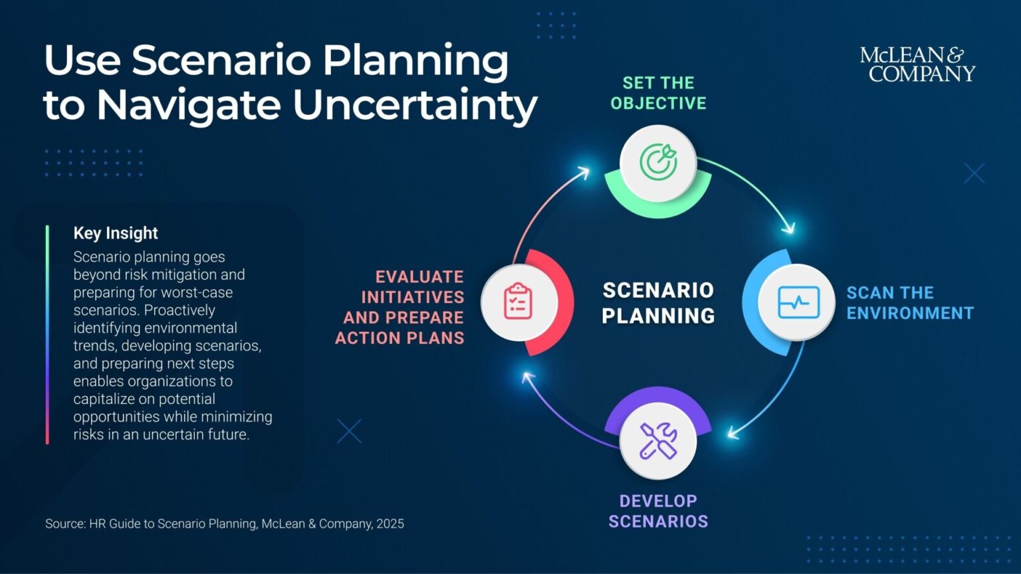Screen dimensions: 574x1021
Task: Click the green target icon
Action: (658, 162)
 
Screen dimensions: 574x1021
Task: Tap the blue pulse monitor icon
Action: (798, 302)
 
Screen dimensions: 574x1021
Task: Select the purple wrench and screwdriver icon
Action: (658, 440)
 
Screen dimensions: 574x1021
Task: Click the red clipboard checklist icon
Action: (518, 302)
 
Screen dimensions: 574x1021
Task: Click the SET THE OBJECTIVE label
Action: (658, 93)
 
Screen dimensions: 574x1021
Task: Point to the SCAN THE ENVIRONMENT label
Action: (909, 303)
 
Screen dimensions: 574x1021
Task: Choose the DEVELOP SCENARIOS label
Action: (658, 511)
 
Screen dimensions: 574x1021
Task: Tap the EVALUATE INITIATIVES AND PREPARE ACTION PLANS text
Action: (401, 307)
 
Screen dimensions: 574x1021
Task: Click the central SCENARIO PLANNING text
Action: (658, 303)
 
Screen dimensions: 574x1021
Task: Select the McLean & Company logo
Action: (917, 64)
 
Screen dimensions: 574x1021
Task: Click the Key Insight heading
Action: (116, 233)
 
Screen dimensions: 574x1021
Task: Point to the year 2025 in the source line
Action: (390, 524)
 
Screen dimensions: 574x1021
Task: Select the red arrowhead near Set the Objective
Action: (584, 173)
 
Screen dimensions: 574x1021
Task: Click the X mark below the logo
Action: (974, 173)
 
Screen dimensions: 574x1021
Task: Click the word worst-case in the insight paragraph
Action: (199, 292)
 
